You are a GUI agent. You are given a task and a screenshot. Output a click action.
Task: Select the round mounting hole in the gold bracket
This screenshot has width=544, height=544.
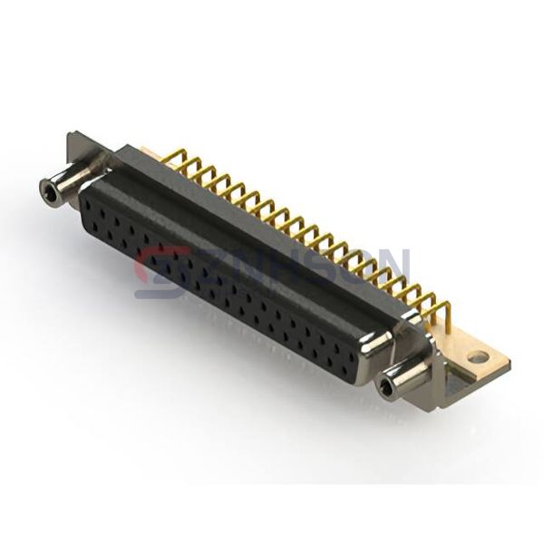477,357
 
